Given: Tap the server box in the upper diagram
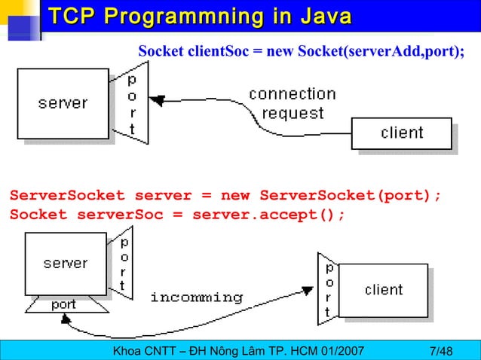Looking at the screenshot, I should pyautogui.click(x=63, y=103).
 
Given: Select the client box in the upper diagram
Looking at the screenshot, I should pyautogui.click(x=402, y=133).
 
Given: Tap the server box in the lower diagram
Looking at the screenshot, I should pyautogui.click(x=65, y=264).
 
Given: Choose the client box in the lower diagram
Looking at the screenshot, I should pyautogui.click(x=384, y=290).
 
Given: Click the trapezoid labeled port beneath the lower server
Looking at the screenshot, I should pyautogui.click(x=63, y=304).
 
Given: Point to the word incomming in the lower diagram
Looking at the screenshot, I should pyautogui.click(x=197, y=297).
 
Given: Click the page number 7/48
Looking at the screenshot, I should pyautogui.click(x=440, y=351).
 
